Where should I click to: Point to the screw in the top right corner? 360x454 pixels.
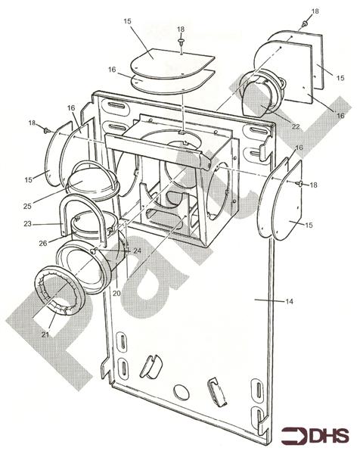point(303,24)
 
